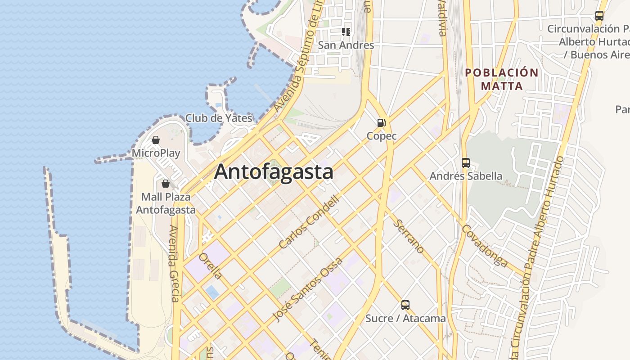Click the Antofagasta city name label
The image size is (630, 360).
point(274,172)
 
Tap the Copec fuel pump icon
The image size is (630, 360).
point(381,122)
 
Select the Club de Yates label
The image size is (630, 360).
point(219,118)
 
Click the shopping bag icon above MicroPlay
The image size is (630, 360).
point(156,140)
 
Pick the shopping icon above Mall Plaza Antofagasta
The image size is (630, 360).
point(166,184)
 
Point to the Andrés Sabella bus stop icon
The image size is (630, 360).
point(466,163)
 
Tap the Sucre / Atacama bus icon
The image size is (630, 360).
point(405,305)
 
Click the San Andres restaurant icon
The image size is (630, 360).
point(346,32)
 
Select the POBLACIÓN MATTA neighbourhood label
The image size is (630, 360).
point(501,79)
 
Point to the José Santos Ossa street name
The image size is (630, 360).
point(308,290)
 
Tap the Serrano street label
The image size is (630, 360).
point(409,236)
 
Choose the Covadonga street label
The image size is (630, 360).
point(485,246)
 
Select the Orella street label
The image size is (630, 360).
point(211,265)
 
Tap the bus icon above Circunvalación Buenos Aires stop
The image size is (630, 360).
point(599,16)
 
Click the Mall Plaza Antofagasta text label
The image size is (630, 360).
point(166,203)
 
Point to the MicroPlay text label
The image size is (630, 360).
point(156,153)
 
